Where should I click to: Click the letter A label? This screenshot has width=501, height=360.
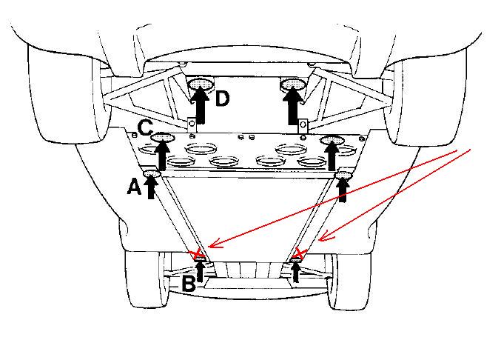tap(134, 187)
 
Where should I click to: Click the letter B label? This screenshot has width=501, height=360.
tap(189, 284)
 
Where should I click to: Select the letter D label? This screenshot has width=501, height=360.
tap(223, 99)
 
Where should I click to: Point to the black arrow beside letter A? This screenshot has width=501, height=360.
tap(151, 187)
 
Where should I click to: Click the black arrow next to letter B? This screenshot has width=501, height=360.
tap(201, 272)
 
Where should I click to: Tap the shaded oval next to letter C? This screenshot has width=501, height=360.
tap(163, 138)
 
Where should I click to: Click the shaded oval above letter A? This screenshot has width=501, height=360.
tap(152, 173)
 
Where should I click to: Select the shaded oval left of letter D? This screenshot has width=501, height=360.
tap(201, 84)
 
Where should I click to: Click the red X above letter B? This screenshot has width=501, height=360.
tap(198, 255)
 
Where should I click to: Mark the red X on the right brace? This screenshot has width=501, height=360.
tap(299, 253)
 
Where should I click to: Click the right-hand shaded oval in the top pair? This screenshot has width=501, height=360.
tap(293, 84)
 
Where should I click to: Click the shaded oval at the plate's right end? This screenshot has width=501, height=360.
tap(332, 140)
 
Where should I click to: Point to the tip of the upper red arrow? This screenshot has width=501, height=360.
tap(209, 247)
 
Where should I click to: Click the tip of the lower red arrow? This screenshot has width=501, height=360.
tap(318, 240)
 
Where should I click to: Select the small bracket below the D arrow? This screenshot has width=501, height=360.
tap(192, 125)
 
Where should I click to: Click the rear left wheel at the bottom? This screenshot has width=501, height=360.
tap(147, 279)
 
